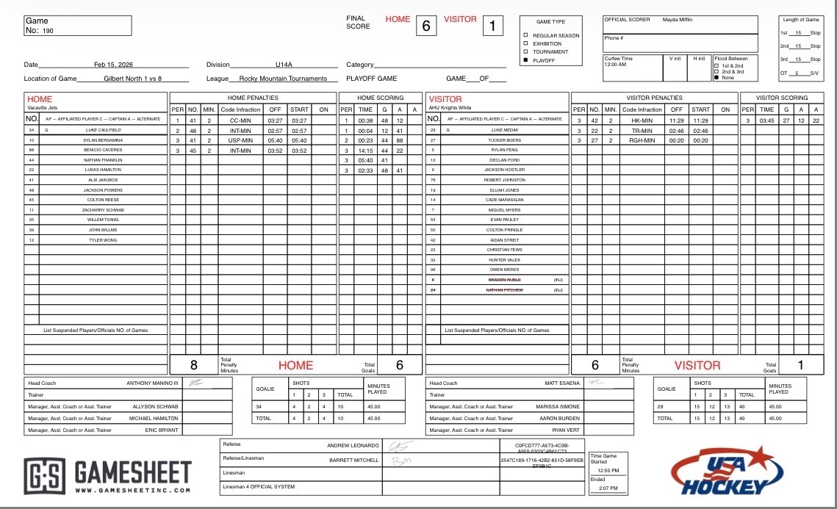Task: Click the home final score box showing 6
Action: tap(425, 26)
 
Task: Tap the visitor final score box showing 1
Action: tap(492, 26)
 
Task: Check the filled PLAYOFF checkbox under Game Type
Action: tap(525, 60)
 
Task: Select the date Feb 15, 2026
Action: tap(113, 65)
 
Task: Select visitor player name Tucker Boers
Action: tap(505, 140)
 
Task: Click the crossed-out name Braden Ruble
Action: tap(505, 280)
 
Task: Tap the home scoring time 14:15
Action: tap(365, 150)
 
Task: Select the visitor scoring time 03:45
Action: tap(766, 120)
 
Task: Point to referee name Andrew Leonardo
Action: tap(353, 445)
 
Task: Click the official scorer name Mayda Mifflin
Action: tap(678, 20)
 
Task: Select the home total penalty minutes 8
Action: tap(194, 364)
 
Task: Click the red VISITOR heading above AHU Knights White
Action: tap(445, 99)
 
